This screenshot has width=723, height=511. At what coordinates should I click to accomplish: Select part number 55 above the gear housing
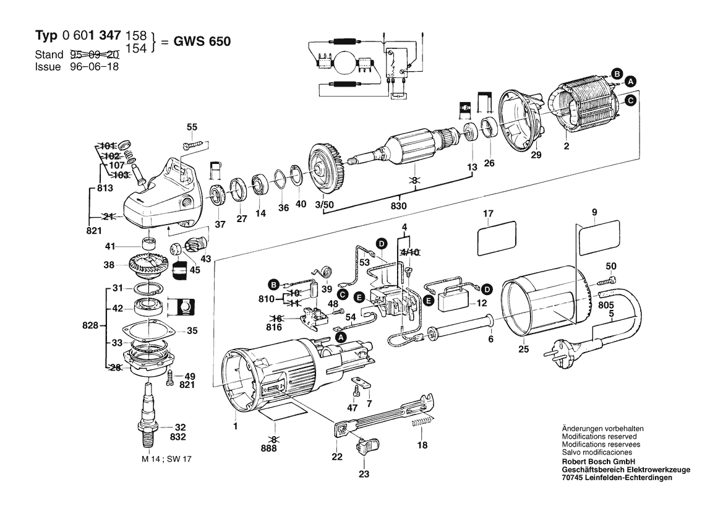(x=192, y=127)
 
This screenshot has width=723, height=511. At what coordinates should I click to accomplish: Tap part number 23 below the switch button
(x=363, y=474)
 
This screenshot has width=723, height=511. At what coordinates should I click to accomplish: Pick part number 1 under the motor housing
(x=236, y=426)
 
